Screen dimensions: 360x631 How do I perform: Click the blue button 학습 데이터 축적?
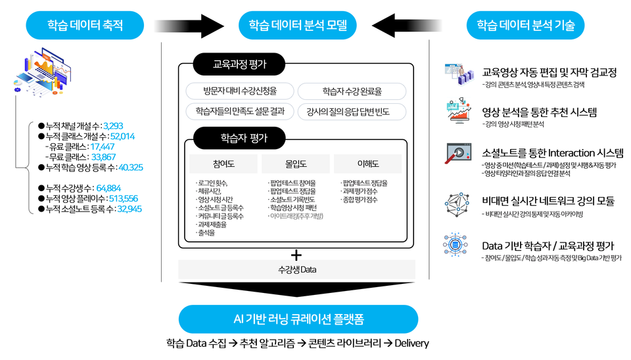(85, 26)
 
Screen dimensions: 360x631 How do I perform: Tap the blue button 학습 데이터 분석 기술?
(525, 26)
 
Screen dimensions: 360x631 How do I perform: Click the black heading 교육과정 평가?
(240, 64)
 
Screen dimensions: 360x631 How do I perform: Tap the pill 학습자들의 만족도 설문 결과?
(239, 111)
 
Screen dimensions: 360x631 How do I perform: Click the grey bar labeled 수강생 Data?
(296, 269)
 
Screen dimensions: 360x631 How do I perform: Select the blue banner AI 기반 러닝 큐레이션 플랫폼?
(298, 319)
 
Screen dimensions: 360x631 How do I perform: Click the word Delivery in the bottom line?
(411, 344)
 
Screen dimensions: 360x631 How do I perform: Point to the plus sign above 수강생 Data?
(296, 255)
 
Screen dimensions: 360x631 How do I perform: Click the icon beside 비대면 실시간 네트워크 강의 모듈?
(457, 202)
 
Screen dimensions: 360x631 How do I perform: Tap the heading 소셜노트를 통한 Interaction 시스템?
(552, 153)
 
